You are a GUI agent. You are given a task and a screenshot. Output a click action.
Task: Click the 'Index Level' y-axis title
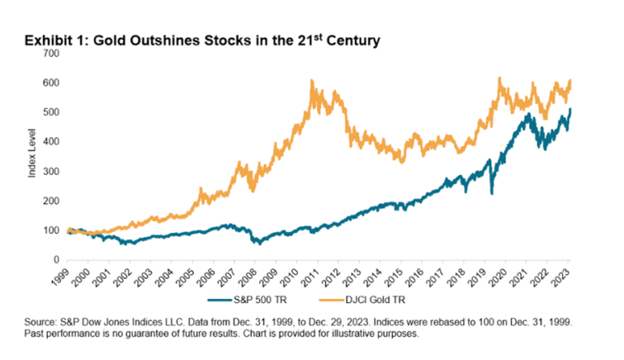tap(32, 157)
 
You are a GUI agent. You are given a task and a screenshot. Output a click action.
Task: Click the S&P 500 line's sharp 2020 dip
tap(492, 193)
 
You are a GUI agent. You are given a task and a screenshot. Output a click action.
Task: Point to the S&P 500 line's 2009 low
tap(257, 243)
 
